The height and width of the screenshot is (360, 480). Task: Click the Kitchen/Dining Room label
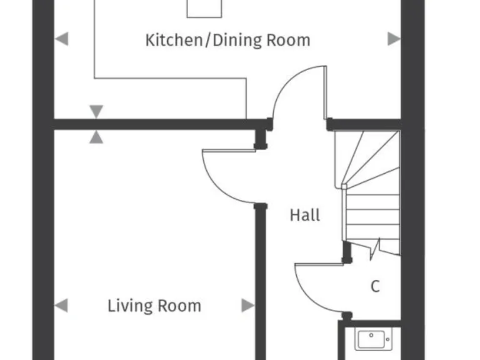(x=227, y=41)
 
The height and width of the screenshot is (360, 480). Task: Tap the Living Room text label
(x=154, y=306)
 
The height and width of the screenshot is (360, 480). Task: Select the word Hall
(x=305, y=216)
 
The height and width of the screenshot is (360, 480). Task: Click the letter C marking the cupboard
(x=375, y=286)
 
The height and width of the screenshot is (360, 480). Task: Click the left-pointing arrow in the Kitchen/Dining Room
(x=61, y=39)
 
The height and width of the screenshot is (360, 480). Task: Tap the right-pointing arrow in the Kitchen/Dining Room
(x=394, y=39)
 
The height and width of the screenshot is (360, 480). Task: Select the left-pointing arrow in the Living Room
(x=61, y=306)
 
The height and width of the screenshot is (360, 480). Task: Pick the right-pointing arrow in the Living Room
(x=247, y=306)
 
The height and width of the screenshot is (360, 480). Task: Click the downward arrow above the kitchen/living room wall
(x=96, y=112)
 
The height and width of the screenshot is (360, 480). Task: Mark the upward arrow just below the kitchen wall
(x=96, y=137)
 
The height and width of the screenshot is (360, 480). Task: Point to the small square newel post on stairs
(x=344, y=186)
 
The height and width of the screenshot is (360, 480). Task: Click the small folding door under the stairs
(x=375, y=248)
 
